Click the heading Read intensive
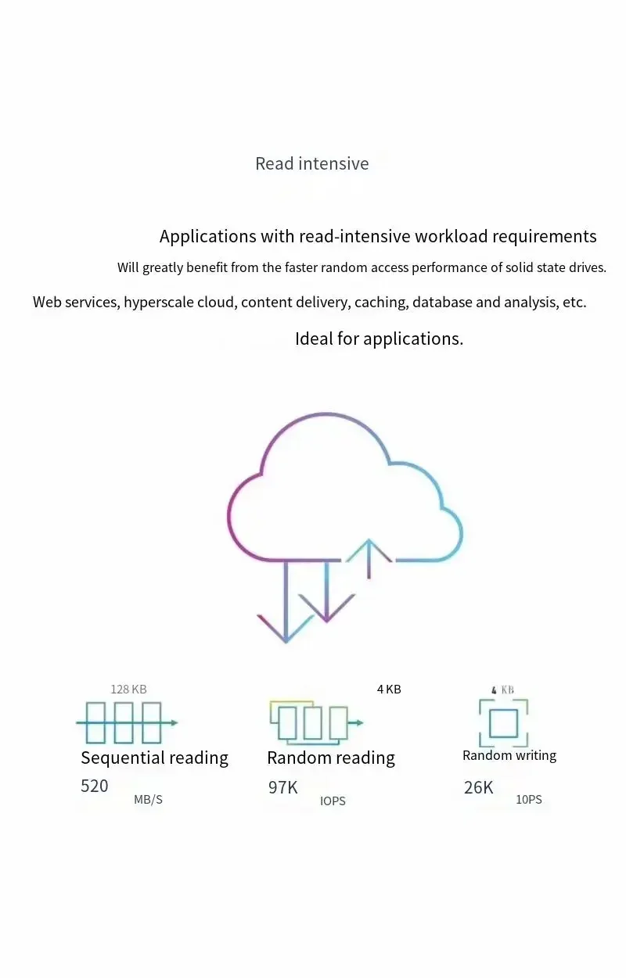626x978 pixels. click(311, 163)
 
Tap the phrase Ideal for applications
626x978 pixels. click(379, 339)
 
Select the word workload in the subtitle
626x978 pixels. click(452, 236)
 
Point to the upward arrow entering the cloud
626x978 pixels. click(369, 558)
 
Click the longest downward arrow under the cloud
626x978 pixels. click(286, 602)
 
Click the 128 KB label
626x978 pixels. click(128, 690)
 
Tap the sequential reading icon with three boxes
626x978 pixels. click(127, 722)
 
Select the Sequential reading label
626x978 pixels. click(155, 758)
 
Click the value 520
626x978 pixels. click(95, 786)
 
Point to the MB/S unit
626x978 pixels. click(148, 800)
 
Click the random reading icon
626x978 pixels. click(316, 722)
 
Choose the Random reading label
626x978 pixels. click(331, 758)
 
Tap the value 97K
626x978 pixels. click(282, 788)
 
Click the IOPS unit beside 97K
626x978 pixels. click(333, 801)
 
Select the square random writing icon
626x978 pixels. click(504, 723)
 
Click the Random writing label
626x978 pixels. click(509, 756)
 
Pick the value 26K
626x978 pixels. click(479, 788)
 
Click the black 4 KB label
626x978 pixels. click(389, 689)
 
